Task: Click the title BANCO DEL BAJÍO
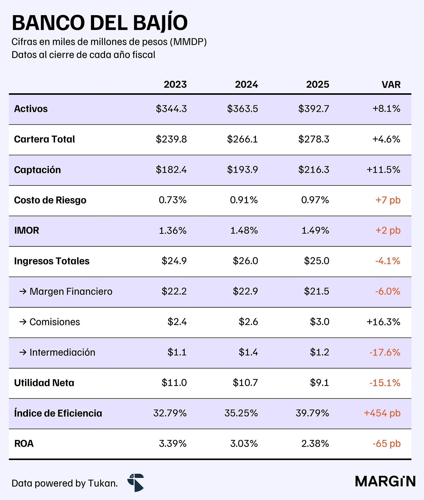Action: pyautogui.click(x=100, y=23)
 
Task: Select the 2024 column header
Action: pyautogui.click(x=246, y=85)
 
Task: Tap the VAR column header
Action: pyautogui.click(x=391, y=85)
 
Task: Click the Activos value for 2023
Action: pyautogui.click(x=171, y=109)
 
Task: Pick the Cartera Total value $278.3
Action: pyautogui.click(x=314, y=139)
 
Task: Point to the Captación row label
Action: pyautogui.click(x=38, y=170)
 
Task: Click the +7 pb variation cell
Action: pyautogui.click(x=388, y=200)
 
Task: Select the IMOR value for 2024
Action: pyautogui.click(x=244, y=231)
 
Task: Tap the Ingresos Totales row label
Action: pyautogui.click(x=52, y=261)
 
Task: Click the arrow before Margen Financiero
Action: pyautogui.click(x=23, y=291)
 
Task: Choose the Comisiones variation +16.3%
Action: pyautogui.click(x=383, y=322)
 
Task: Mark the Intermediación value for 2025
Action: pyautogui.click(x=319, y=352)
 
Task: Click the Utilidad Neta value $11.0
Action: pyautogui.click(x=174, y=383)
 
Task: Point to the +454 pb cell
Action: pyautogui.click(x=382, y=413)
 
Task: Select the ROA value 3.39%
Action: pyautogui.click(x=173, y=443)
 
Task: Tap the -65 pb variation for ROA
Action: pyautogui.click(x=386, y=443)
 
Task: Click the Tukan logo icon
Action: pyautogui.click(x=136, y=483)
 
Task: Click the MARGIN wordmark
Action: pyautogui.click(x=385, y=481)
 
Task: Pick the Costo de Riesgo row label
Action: pyautogui.click(x=50, y=200)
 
